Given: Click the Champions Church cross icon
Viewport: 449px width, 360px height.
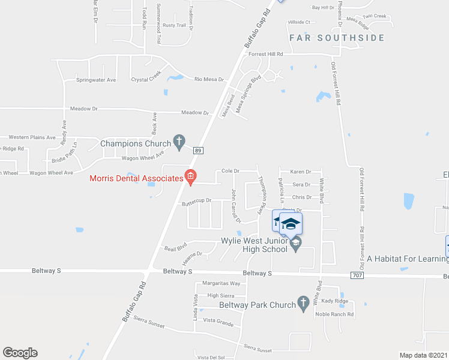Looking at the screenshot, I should click(x=179, y=142).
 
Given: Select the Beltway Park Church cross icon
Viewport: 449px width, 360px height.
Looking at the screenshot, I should click(x=304, y=302).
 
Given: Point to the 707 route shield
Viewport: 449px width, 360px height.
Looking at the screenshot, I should click(x=357, y=274).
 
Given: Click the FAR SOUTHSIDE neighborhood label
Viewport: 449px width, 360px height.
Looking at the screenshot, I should click(x=336, y=38).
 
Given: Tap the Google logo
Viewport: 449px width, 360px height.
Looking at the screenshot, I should click(x=20, y=353).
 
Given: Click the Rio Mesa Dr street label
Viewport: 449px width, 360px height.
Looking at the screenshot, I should click(x=209, y=79).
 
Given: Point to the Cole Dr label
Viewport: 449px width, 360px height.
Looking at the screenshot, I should click(x=231, y=171).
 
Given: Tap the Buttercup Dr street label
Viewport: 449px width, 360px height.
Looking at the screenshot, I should click(x=197, y=202).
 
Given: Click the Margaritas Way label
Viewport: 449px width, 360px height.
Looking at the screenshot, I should click(x=221, y=283).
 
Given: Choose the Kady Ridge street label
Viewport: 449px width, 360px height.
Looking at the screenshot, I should click(x=334, y=301).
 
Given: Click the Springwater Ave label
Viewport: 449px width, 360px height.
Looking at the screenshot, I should click(x=96, y=80).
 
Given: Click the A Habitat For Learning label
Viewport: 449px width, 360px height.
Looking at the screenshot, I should click(x=408, y=259).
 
